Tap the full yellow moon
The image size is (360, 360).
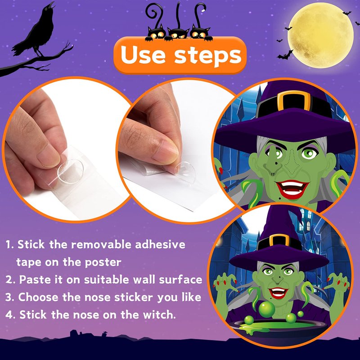coord(320,35)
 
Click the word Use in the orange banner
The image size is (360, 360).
coord(143,54)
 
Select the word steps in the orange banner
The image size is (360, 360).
coord(208,56)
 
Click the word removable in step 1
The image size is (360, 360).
coord(103,244)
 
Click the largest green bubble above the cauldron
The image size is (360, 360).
coord(267,309)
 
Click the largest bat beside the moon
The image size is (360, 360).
coord(285,55)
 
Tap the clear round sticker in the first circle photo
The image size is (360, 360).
coord(70,171)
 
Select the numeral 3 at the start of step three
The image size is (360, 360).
coord(9,297)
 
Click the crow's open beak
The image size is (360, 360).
coord(52,5)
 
